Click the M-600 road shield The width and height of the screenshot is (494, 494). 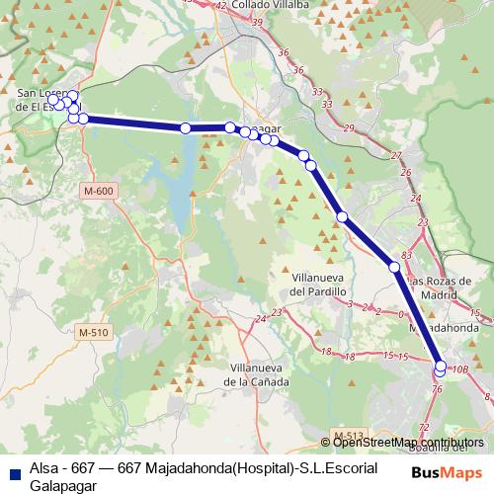pyautogui.click(x=98, y=191)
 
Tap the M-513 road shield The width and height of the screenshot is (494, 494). pyautogui.click(x=348, y=435)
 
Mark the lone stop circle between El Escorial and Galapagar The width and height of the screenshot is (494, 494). pyautogui.click(x=185, y=127)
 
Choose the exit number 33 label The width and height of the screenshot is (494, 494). pyautogui.click(x=316, y=92)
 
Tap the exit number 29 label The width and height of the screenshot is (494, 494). pyautogui.click(x=348, y=128)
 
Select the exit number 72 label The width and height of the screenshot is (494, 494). pyautogui.click(x=425, y=427)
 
